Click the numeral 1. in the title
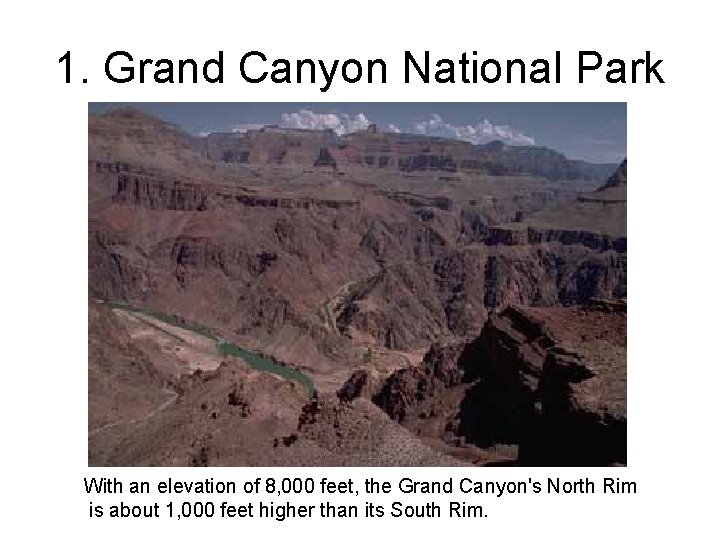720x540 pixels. click(72, 69)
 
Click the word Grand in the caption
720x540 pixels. click(423, 487)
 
